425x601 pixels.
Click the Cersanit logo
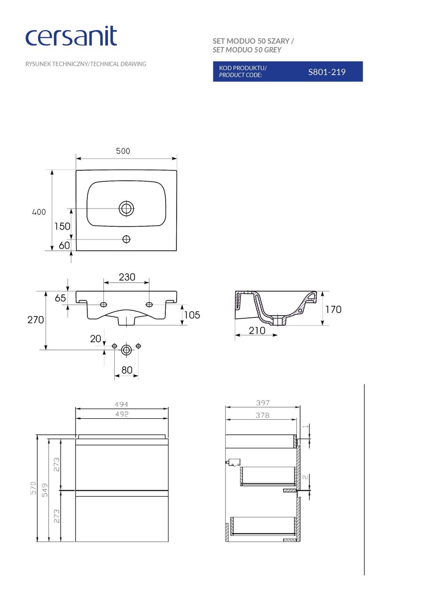(x=71, y=36)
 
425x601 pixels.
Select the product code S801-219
(x=326, y=72)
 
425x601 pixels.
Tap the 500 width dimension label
(x=123, y=151)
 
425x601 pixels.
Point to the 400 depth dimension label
(x=39, y=212)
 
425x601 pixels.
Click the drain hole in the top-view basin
(x=126, y=208)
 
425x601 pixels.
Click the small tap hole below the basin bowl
(x=126, y=239)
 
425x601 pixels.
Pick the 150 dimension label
(x=62, y=226)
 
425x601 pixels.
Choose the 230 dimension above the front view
(x=127, y=277)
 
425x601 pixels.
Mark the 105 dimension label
(x=192, y=315)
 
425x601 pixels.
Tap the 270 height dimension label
(x=35, y=320)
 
